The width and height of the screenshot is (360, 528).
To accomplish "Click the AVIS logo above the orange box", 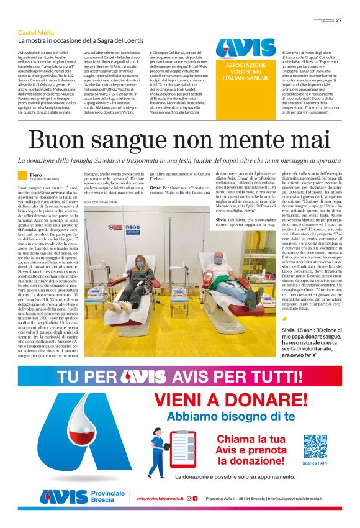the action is pyautogui.click(x=246, y=48).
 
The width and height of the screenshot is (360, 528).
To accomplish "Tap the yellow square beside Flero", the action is pyautogui.click(x=22, y=176).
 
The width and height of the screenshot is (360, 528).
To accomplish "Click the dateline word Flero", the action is pyautogui.click(x=37, y=174).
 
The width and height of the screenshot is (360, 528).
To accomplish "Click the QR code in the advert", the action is pyautogui.click(x=298, y=447).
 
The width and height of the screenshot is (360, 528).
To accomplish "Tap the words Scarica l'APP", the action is pyautogui.click(x=298, y=463).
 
